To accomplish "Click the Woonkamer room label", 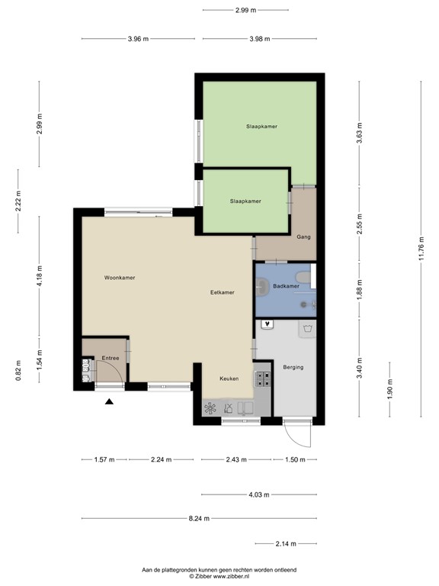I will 120,278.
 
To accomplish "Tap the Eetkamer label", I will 222,292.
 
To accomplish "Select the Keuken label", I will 229,378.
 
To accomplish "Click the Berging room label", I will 293,367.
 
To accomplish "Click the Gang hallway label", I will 303,237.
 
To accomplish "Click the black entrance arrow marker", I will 110,401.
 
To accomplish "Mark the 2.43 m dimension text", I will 235,459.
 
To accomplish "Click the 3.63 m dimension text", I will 359,143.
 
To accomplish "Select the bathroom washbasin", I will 263,286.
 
